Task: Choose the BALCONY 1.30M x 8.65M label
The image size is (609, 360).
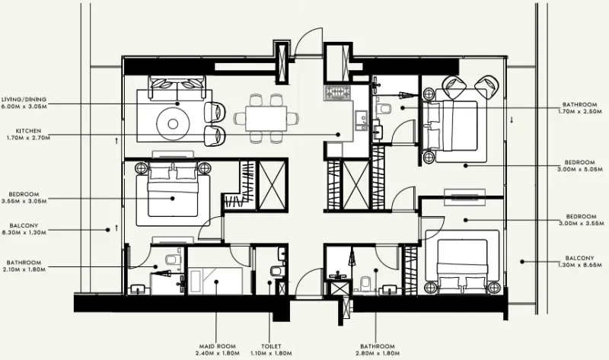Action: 580,261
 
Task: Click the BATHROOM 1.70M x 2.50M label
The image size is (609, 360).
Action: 580,107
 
